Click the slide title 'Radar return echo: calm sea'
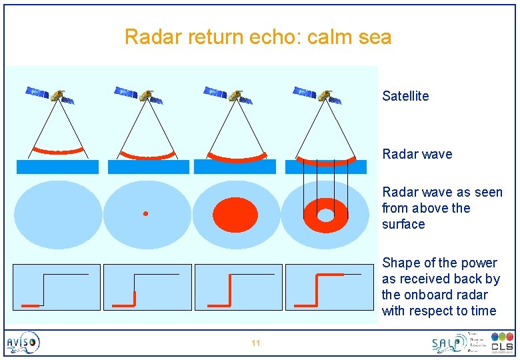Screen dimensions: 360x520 tap(258, 37)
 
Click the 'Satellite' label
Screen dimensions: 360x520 tap(405, 96)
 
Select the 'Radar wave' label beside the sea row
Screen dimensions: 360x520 tap(417, 154)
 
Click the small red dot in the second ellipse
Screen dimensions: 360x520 tap(145, 213)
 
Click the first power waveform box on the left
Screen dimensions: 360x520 tap(57, 287)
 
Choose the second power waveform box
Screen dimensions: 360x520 tap(147, 287)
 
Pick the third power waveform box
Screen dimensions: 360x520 tap(238, 287)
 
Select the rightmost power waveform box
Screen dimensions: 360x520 tap(329, 287)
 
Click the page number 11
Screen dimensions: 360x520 tap(255, 343)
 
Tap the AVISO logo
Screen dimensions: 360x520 tap(23, 343)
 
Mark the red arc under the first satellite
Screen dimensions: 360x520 tap(59, 150)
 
